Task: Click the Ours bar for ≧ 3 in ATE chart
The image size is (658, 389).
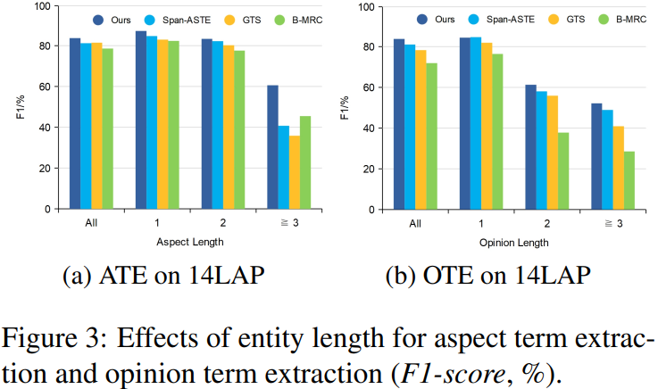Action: coord(272,147)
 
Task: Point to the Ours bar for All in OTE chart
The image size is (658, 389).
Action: coord(399,124)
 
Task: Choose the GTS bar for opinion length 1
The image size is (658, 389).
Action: coord(487,126)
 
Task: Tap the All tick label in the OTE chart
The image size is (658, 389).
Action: coord(415,224)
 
